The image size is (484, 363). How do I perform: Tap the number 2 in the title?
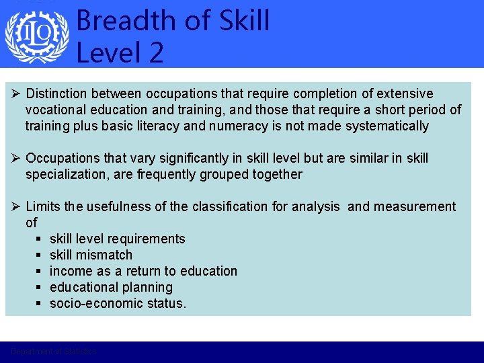tap(156, 52)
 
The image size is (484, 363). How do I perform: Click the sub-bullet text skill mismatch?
tap(91, 255)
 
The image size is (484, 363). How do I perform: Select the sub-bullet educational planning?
tap(111, 287)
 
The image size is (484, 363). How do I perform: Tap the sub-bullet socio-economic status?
tap(118, 303)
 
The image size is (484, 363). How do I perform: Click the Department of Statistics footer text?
tap(54, 352)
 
